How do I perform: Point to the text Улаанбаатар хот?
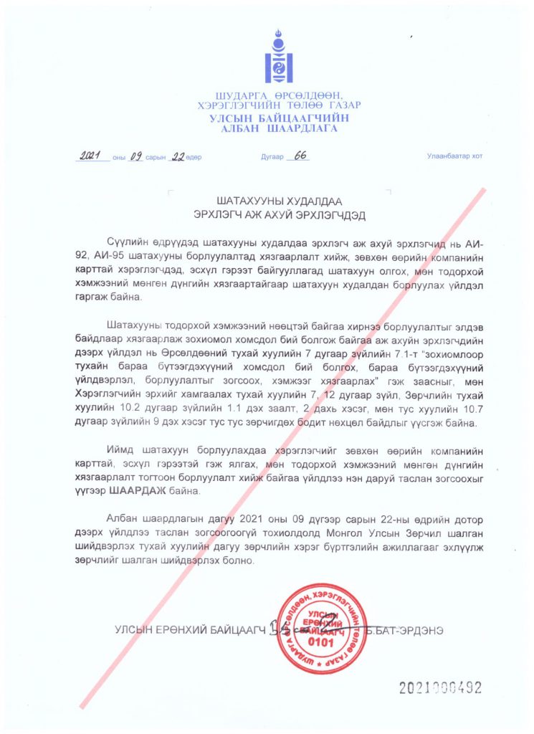point(454,156)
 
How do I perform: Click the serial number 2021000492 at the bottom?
point(440,688)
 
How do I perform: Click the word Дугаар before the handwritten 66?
point(267,156)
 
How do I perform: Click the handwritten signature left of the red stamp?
point(275,628)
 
